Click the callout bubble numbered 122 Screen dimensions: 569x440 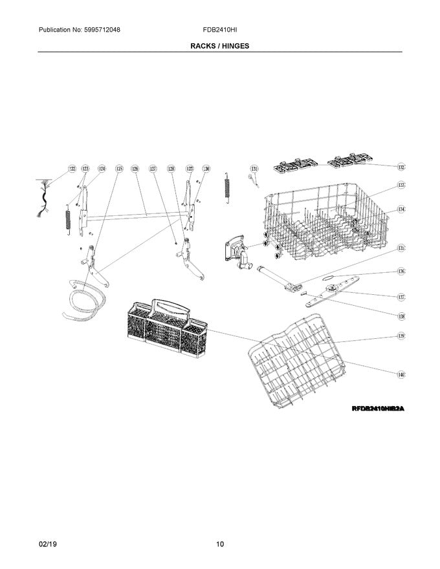tap(72, 169)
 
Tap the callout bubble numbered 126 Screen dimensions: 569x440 tap(135, 169)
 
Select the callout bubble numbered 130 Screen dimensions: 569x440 tap(206, 169)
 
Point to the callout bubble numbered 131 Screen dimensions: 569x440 tap(254, 169)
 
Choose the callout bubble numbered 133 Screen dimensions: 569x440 tap(401, 185)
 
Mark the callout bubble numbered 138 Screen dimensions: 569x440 tap(401, 316)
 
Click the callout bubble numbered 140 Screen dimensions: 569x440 tap(401, 374)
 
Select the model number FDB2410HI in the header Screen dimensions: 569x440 tap(219, 30)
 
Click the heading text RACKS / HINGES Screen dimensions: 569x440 tap(219, 47)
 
